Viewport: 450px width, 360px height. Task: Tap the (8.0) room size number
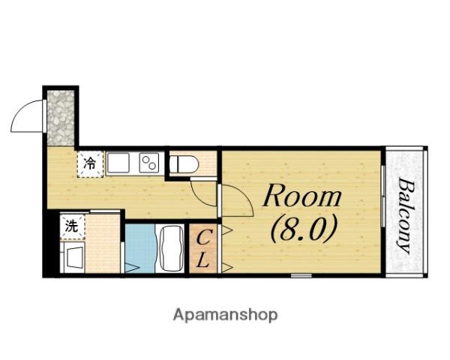pos(303,229)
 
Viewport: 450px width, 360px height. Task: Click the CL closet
pos(203,248)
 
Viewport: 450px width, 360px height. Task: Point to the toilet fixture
pos(184,164)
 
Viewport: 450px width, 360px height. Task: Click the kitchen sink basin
pos(118,163)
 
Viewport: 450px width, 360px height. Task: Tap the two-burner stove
pos(149,163)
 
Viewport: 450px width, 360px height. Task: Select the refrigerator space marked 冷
pos(90,164)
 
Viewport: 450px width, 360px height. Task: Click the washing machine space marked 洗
pos(72,226)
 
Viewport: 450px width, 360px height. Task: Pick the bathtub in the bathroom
pos(171,248)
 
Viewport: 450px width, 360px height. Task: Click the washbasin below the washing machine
pos(73,257)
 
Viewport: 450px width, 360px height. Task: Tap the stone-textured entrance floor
pos(61,118)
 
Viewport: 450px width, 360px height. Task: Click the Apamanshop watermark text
pos(225,315)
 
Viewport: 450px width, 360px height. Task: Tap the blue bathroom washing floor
pos(140,248)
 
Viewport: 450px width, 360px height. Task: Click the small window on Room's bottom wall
pos(301,275)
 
